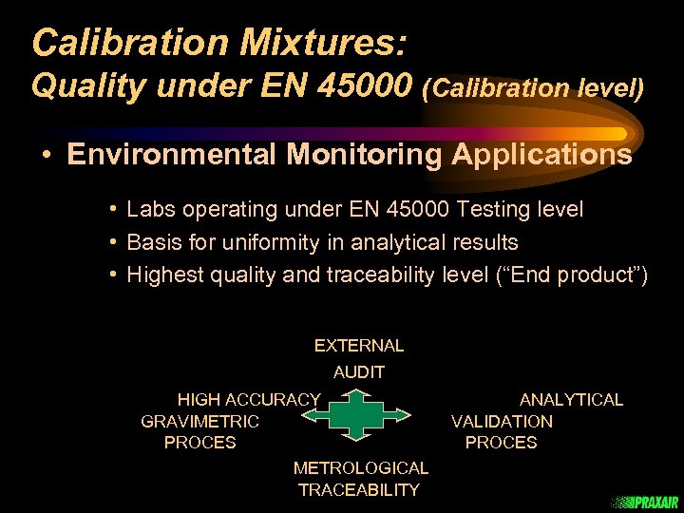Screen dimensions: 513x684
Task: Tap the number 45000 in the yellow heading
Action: [368, 86]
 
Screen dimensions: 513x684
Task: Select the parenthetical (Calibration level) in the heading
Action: [534, 88]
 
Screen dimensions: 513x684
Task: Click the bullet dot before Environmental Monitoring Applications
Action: [46, 155]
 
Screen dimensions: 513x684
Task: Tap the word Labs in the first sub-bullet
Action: [150, 208]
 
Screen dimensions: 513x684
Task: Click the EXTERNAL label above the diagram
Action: [359, 346]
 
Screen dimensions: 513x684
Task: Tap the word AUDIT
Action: [359, 373]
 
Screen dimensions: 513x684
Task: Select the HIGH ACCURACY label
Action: [249, 400]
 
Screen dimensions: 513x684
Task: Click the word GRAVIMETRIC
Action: [199, 421]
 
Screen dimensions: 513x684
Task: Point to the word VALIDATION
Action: [502, 421]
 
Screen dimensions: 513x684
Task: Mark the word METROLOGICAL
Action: [361, 467]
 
